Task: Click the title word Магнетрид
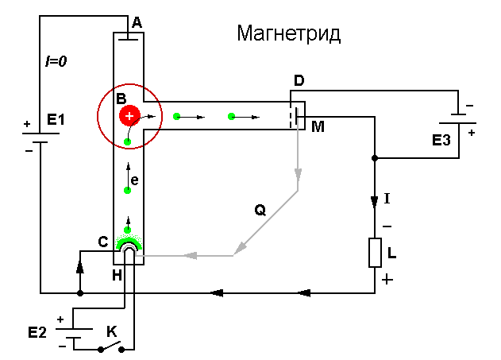pos(288,34)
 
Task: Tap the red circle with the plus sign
pos(129,117)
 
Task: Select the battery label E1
pos(56,120)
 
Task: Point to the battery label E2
pos(37,331)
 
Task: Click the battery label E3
pos(441,141)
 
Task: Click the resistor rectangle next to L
pos(376,254)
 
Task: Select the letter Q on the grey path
pos(260,210)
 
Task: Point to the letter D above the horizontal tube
pos(299,81)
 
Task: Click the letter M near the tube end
pos(318,127)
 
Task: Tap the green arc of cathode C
pos(128,242)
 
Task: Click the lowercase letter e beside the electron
pos(135,181)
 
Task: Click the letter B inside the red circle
pos(121,99)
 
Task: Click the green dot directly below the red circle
pos(127,142)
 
